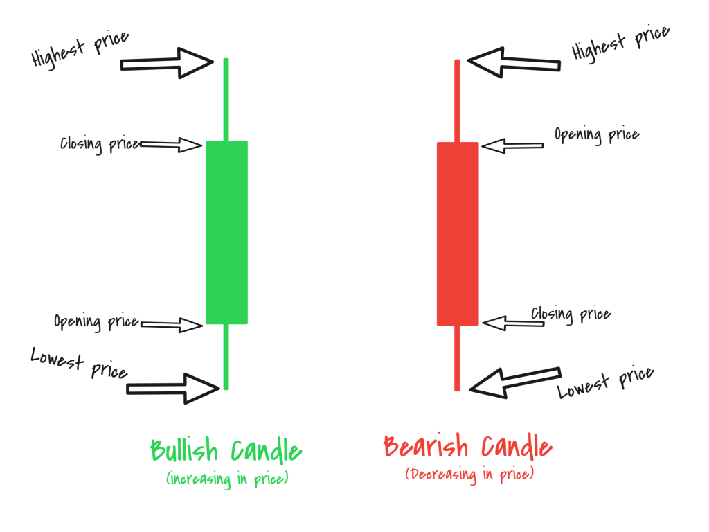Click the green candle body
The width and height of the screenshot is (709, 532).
point(226,232)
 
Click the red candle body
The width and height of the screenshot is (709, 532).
point(457,233)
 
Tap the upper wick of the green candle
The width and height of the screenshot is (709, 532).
point(226,100)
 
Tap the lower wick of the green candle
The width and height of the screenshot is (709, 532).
point(226,356)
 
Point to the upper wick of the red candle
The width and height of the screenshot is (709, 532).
point(457,101)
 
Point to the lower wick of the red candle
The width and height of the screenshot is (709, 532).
point(457,357)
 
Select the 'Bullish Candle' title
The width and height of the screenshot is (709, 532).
point(226,451)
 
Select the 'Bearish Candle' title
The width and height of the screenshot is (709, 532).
point(467,447)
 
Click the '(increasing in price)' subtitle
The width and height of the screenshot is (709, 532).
point(226,478)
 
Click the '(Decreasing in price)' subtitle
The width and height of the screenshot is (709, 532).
point(469,475)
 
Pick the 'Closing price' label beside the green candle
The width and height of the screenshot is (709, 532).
point(100,145)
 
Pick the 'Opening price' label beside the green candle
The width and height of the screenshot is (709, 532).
point(96,322)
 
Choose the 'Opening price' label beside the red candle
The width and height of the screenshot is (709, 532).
point(596,134)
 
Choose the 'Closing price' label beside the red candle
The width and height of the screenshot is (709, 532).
point(571,314)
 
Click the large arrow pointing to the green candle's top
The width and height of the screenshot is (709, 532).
point(167,64)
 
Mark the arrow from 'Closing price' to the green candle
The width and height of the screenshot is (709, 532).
point(170,145)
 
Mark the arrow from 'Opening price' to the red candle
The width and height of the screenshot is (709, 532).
point(512,145)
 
